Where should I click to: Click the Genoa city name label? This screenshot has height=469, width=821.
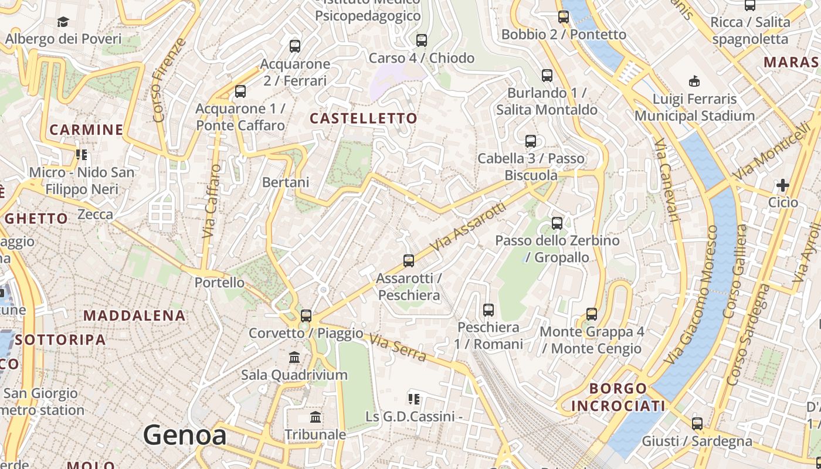pos(185,436)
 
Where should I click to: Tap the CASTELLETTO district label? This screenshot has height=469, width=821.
pos(364,118)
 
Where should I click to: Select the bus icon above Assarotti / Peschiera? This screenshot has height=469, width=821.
pos(409,261)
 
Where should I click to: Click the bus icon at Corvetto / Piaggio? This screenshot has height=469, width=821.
pos(306,316)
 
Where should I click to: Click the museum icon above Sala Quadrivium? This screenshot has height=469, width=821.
pos(294,357)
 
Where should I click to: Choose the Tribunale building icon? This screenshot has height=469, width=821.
pos(315,417)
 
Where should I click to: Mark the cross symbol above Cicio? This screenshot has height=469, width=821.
pos(782,186)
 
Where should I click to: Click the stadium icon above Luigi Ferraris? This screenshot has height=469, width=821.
pos(694,81)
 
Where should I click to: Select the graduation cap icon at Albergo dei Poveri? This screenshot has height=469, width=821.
pos(63,22)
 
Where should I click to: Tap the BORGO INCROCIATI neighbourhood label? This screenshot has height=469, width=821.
pos(618,397)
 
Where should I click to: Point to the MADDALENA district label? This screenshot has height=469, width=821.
pos(134,315)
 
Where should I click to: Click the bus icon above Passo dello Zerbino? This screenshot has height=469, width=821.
pos(557,223)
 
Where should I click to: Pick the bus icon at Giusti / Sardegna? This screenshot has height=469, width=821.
pos(697,423)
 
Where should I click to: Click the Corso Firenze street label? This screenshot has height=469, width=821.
pos(169,80)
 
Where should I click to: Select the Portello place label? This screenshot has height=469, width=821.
pos(219,282)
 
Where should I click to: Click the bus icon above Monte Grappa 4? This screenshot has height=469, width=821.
pos(592,314)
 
